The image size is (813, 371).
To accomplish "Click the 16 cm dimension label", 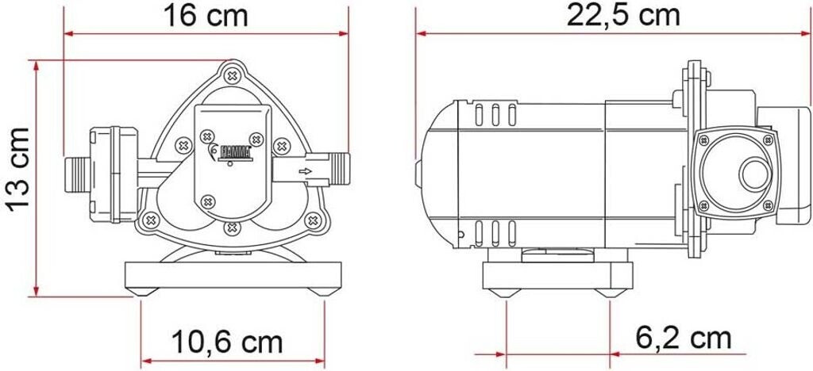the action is (x=206, y=16).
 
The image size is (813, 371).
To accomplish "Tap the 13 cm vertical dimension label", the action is (x=19, y=168).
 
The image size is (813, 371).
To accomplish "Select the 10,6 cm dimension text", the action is (x=227, y=342).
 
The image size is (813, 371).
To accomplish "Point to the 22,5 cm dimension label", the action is (x=622, y=16).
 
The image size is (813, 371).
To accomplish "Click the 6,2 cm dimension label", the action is (x=684, y=339).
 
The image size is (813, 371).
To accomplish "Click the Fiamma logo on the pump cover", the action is (x=231, y=152).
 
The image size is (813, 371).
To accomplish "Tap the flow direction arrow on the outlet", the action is (x=306, y=171).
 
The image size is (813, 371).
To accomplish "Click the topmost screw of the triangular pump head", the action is (x=232, y=76).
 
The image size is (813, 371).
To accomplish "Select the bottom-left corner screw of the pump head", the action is (x=150, y=220).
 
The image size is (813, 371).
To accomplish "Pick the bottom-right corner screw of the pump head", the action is (x=313, y=220).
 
